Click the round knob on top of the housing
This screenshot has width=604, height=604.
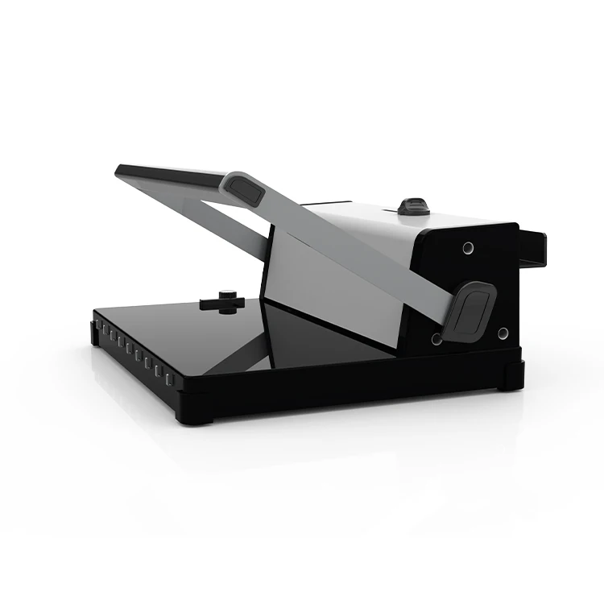pyautogui.click(x=413, y=205)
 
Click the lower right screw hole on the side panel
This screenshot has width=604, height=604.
pyautogui.click(x=503, y=333)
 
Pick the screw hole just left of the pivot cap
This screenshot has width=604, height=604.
pyautogui.click(x=436, y=339)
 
